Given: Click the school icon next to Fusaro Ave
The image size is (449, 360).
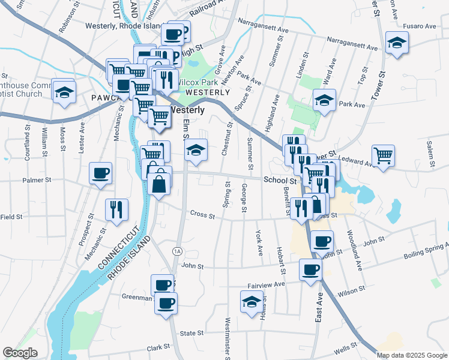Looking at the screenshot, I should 397,43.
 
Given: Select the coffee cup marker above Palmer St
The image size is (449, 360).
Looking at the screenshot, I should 100,174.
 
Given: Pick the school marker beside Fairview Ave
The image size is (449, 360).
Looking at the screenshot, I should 252,302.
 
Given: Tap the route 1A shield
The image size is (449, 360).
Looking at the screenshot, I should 176,251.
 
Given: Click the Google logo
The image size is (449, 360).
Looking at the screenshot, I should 20,353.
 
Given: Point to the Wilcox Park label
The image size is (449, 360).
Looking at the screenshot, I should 197,82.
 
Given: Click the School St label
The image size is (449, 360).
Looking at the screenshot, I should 280,180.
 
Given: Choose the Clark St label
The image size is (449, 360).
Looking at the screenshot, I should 159,347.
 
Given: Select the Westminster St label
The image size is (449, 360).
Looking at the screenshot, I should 228,339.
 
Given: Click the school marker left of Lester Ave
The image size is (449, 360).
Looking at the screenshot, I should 63,92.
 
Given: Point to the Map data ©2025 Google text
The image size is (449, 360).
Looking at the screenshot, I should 411,355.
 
